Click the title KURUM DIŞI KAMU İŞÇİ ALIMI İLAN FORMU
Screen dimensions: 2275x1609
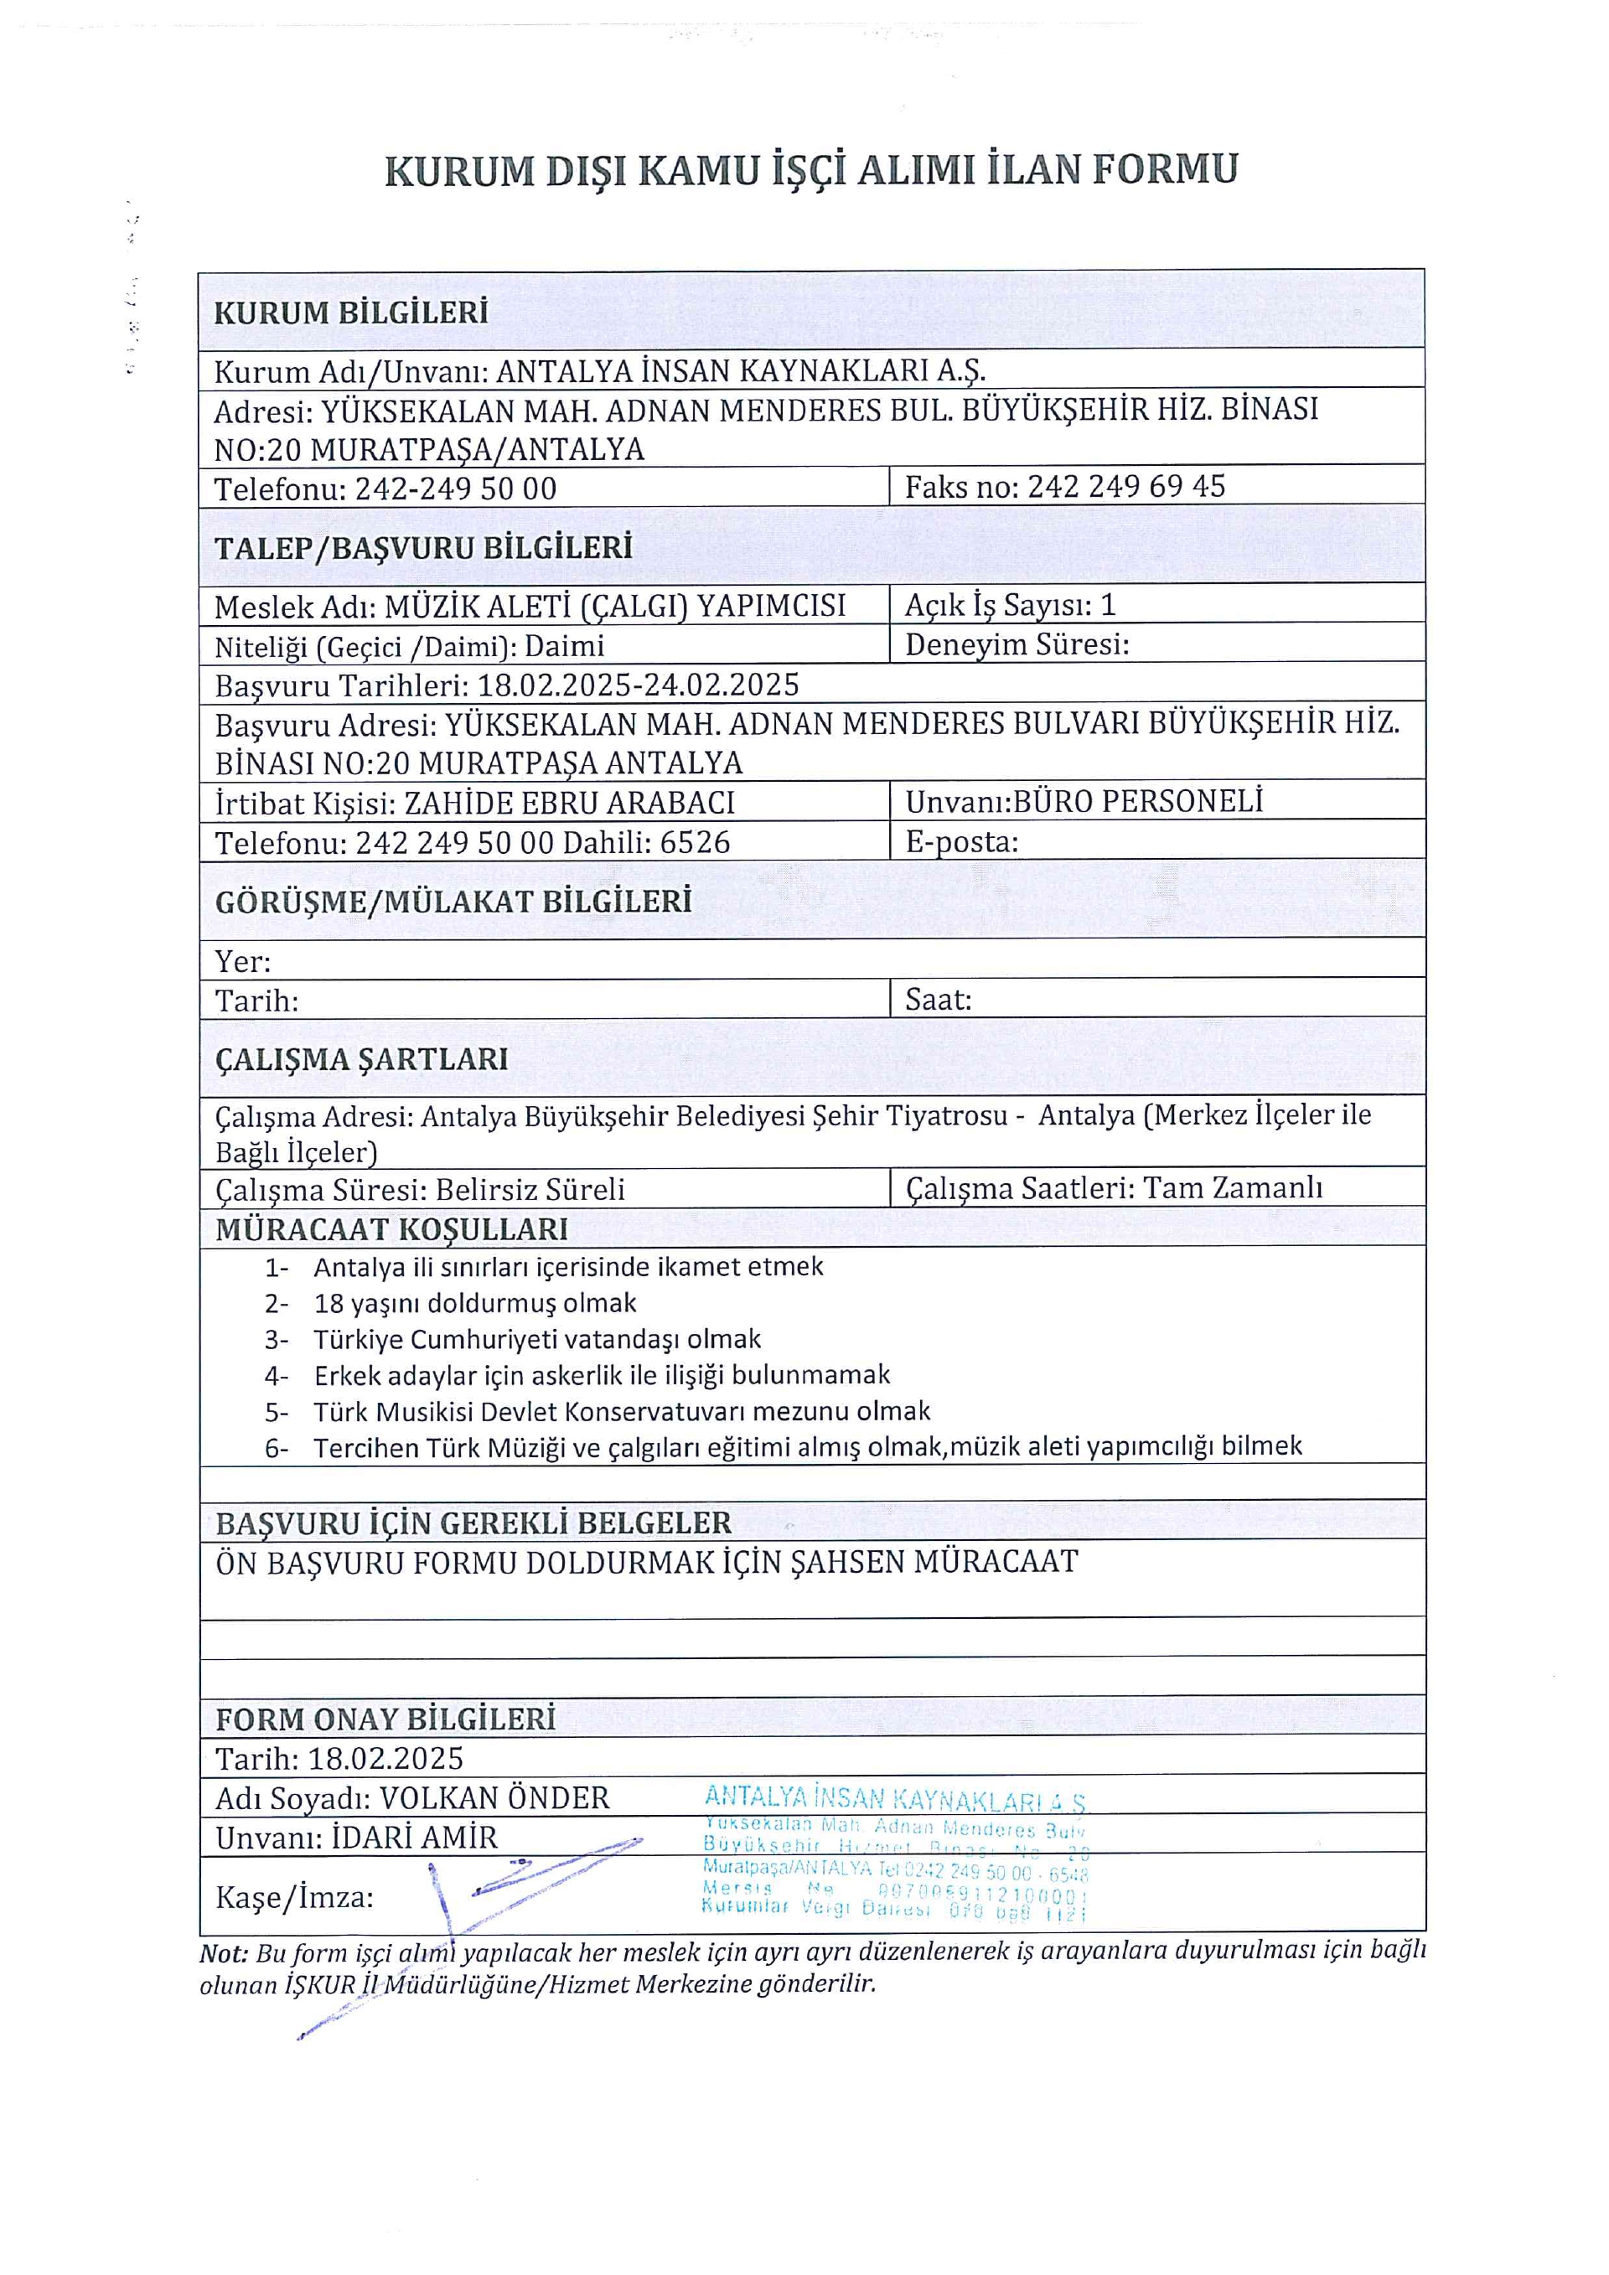coord(810,170)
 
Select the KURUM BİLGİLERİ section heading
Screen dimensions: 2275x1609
coord(351,313)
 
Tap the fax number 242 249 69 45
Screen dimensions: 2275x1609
coord(1125,487)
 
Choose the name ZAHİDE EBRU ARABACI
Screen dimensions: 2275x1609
coord(570,803)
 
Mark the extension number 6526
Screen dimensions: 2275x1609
coord(695,842)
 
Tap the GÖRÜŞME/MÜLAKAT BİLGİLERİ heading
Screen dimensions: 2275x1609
coord(453,902)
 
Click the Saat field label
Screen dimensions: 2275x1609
coord(937,1000)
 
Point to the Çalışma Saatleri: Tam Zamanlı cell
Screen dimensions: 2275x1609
coord(1114,1187)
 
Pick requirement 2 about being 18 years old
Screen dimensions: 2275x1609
coord(474,1303)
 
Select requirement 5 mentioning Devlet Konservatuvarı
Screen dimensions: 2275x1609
coord(621,1411)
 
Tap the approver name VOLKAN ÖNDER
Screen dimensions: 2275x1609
coord(494,1798)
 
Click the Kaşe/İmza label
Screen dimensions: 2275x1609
coord(294,1897)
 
